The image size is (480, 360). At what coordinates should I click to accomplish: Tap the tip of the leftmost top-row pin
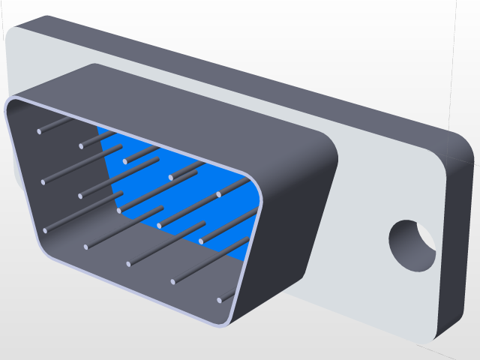40,132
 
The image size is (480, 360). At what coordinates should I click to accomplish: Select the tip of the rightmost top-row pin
219,195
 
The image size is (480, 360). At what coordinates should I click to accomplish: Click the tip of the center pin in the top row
125,161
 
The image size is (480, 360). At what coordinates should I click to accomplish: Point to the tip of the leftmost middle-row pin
43,181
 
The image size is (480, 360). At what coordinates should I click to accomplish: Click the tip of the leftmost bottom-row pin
45,230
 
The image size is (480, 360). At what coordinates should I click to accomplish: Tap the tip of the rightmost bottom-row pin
220,301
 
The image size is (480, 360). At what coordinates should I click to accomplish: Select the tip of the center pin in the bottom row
129,264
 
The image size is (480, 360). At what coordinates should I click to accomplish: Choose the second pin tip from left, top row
81,146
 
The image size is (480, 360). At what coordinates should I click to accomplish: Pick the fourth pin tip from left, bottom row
173,282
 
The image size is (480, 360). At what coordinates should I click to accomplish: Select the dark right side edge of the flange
459,240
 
